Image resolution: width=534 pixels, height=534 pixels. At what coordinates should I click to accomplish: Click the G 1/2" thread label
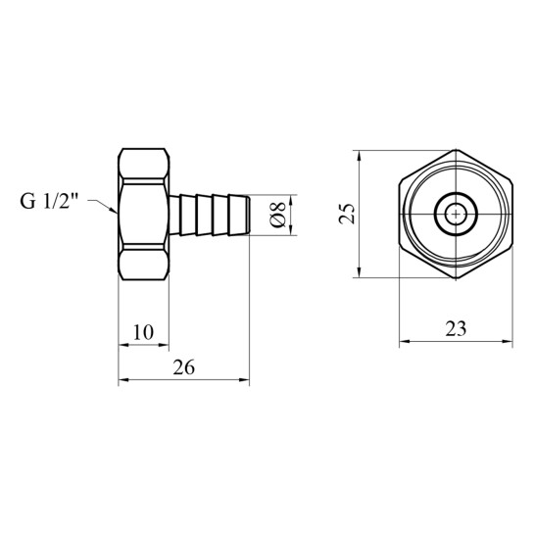(x=49, y=201)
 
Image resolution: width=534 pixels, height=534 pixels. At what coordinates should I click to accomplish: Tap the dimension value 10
(x=143, y=332)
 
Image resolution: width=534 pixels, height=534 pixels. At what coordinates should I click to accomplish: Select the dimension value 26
(x=184, y=367)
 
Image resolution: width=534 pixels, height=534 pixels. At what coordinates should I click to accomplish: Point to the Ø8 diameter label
(x=277, y=215)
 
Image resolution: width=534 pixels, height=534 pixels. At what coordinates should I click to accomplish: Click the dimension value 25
(x=347, y=214)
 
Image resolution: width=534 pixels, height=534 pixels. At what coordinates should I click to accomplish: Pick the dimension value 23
(x=456, y=329)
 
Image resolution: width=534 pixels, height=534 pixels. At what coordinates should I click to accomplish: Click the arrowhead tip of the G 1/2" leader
(x=118, y=213)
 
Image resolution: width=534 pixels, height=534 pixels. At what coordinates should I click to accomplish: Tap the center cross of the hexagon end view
(x=456, y=214)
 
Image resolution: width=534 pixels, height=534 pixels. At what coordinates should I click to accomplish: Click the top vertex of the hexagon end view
(x=456, y=150)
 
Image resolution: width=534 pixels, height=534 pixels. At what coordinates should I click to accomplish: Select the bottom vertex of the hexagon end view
(x=456, y=279)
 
